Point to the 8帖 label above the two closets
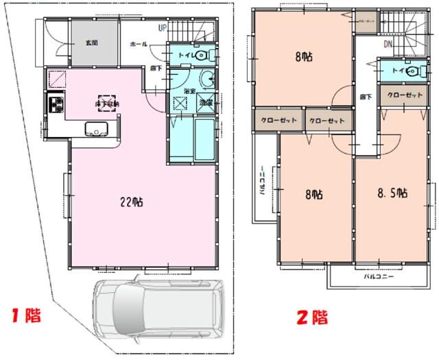[303, 58]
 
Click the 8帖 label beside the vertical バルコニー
[313, 195]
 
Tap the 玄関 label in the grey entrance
[91, 43]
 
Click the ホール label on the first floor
[138, 43]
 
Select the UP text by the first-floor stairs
[163, 28]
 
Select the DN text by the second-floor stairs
[388, 45]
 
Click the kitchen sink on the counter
[95, 129]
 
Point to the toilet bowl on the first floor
[204, 55]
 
